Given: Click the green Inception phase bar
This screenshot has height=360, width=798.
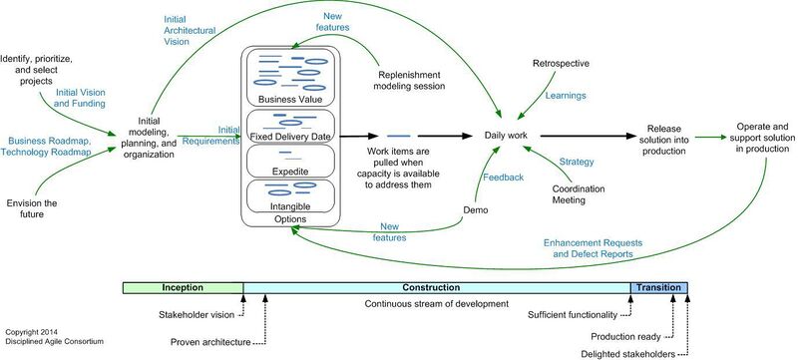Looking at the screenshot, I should click(x=183, y=288).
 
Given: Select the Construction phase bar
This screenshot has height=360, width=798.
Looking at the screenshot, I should click(x=437, y=288).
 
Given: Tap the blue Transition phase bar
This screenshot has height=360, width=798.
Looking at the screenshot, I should click(x=658, y=288).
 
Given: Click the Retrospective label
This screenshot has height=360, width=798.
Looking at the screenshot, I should click(x=562, y=64).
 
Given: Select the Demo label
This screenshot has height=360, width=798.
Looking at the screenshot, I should click(x=476, y=210).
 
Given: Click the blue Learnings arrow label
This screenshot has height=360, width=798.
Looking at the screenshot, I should click(x=566, y=97).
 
